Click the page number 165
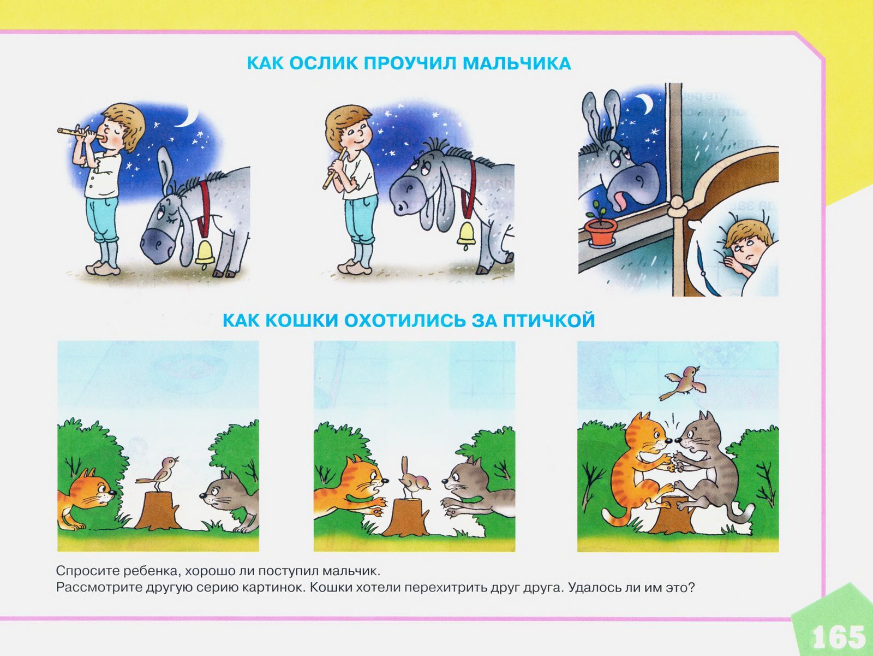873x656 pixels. coord(839,636)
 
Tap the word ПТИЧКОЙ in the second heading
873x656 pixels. coord(549,320)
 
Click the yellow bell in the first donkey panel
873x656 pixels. coord(205,253)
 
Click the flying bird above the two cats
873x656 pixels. coord(682,383)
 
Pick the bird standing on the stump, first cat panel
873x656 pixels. coord(158,474)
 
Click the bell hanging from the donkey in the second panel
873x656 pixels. coord(466,235)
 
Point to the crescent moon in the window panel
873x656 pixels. coord(646,103)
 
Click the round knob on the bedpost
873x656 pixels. coord(678,206)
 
